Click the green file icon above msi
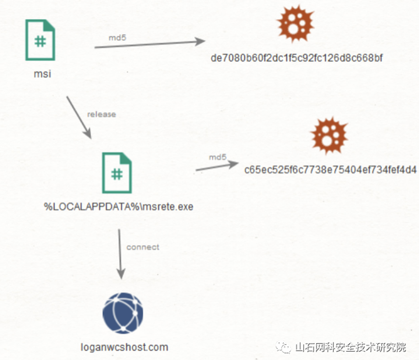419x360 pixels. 40,40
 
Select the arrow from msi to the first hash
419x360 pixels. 150,44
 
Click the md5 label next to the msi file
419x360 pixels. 117,37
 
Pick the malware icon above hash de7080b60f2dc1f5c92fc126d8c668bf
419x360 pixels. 296,24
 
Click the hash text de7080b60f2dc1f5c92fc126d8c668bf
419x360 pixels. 297,59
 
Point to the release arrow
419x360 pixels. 78,117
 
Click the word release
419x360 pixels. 101,114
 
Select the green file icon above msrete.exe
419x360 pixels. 117,173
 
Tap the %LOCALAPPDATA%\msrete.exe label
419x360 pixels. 119,207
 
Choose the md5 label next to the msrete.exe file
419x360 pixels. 217,157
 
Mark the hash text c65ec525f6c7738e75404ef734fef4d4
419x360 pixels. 331,170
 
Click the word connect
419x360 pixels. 142,247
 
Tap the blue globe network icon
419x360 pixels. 123,313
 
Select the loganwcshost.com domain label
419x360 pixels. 124,347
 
